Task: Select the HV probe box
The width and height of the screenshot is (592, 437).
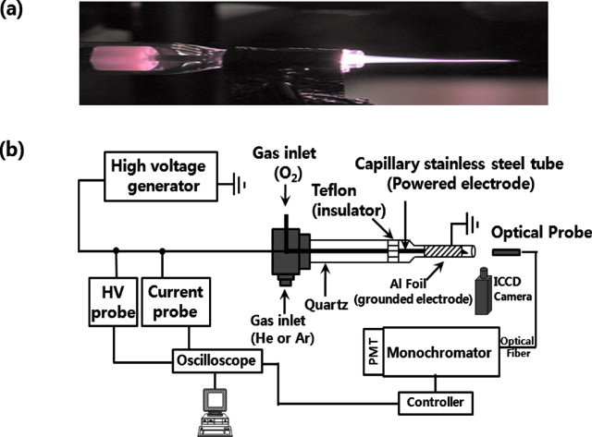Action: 112,301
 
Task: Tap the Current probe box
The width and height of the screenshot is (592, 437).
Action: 177,301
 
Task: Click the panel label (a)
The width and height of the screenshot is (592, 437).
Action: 21,16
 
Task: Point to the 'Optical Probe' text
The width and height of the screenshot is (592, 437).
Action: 540,229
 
